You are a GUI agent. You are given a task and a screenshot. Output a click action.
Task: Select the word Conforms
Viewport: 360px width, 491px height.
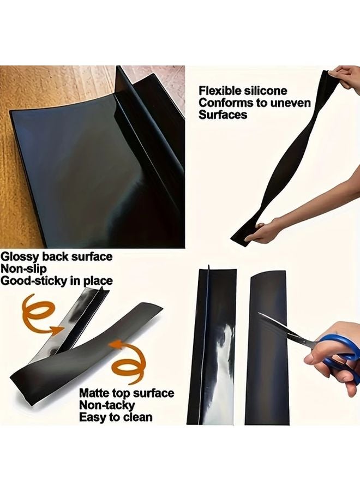point(224,103)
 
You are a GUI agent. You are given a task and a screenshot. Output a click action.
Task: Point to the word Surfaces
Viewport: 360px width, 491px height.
point(223,115)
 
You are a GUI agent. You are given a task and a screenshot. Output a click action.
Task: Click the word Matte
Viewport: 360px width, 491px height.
point(94,393)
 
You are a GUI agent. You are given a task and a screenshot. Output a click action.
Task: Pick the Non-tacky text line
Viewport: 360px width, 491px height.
point(107,405)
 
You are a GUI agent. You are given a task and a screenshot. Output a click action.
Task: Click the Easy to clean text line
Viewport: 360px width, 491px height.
point(116,418)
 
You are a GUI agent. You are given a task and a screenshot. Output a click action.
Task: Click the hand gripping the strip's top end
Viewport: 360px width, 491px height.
point(344,76)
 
